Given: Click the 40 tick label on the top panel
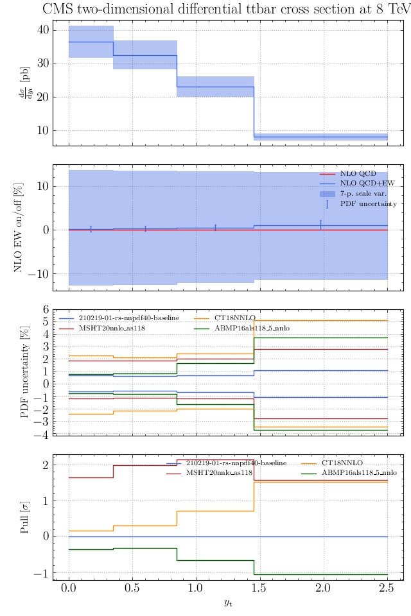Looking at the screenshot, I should (43, 30).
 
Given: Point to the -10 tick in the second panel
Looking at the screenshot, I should (40, 273).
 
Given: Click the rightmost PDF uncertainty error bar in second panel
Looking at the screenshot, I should (320, 225).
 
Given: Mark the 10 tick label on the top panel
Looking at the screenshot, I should (43, 130).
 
